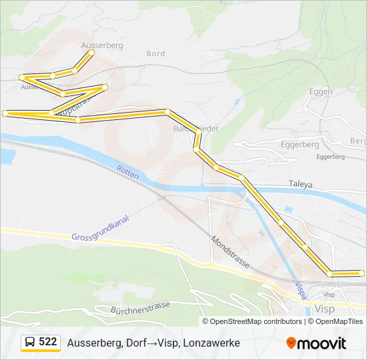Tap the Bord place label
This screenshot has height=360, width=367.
coord(155,54)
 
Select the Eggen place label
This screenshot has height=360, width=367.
coord(322,91)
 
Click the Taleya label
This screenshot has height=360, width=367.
coord(300,183)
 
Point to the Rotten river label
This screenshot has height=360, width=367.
coord(127,173)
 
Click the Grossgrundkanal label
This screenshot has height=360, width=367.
coord(99,228)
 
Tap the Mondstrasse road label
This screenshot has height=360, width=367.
coord(230,251)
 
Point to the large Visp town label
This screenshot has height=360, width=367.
coord(324,309)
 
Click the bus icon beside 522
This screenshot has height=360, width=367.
coord(29,342)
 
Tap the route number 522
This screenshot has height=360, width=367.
coord(47,342)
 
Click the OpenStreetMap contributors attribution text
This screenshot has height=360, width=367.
coord(256,321)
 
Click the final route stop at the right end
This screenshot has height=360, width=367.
coord(362,273)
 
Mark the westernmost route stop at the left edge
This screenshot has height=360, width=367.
coord(5,113)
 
